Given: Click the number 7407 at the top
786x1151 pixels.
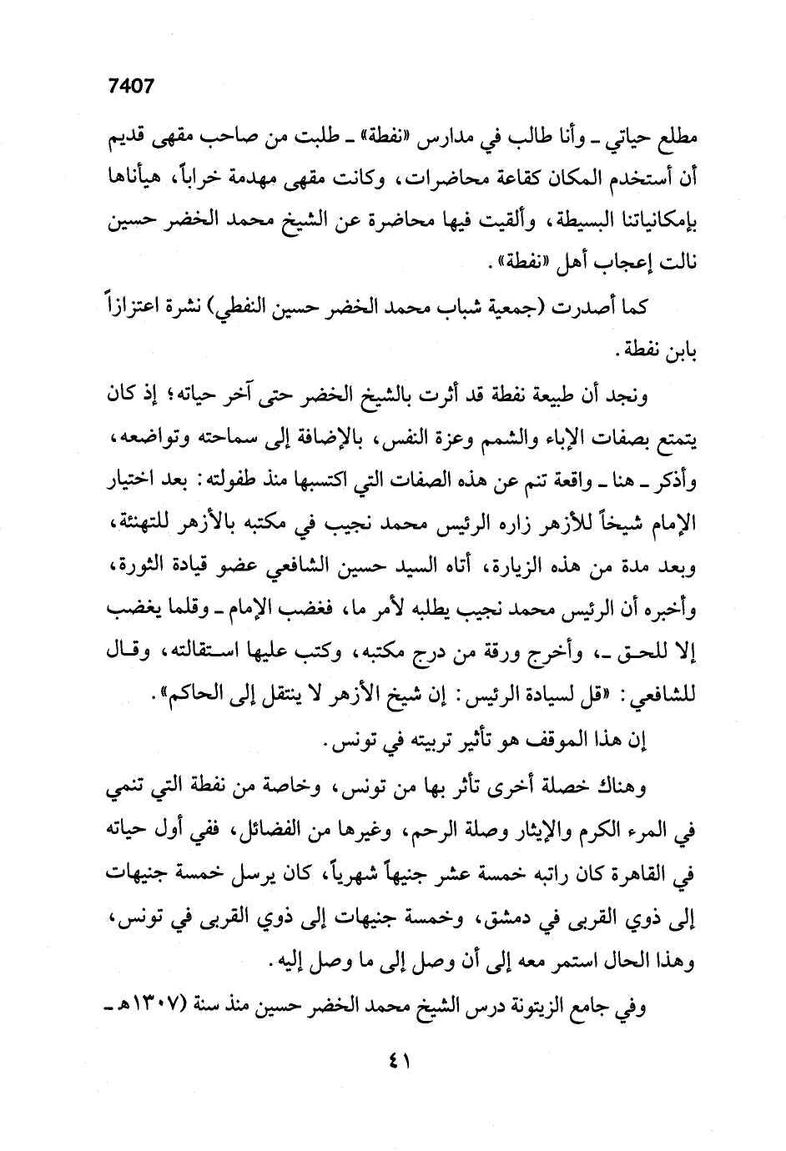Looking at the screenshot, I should tap(133, 87).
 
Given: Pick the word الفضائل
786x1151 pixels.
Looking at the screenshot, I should tap(313, 830).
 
